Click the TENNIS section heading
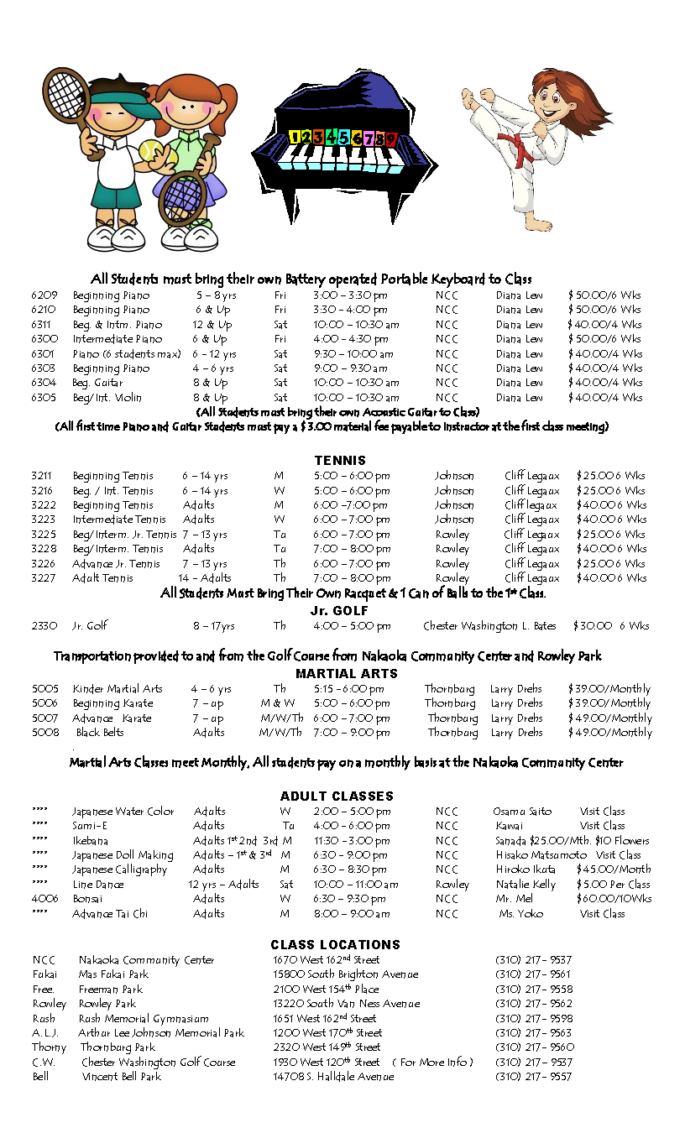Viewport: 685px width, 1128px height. click(x=340, y=460)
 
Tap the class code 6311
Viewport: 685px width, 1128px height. click(x=44, y=325)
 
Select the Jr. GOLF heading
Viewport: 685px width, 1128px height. click(x=340, y=610)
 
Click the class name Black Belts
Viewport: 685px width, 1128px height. click(x=100, y=733)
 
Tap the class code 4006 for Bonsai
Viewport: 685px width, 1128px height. click(x=44, y=899)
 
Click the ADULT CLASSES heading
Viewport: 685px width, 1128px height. click(x=337, y=796)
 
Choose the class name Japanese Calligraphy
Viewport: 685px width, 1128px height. click(x=119, y=869)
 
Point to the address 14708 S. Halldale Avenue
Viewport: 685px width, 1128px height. click(x=333, y=1077)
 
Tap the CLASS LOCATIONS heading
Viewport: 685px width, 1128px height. click(x=336, y=944)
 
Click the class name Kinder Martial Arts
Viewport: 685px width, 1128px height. click(x=118, y=689)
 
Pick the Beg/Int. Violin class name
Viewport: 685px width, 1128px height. click(x=107, y=398)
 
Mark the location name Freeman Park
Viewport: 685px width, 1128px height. click(x=110, y=990)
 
